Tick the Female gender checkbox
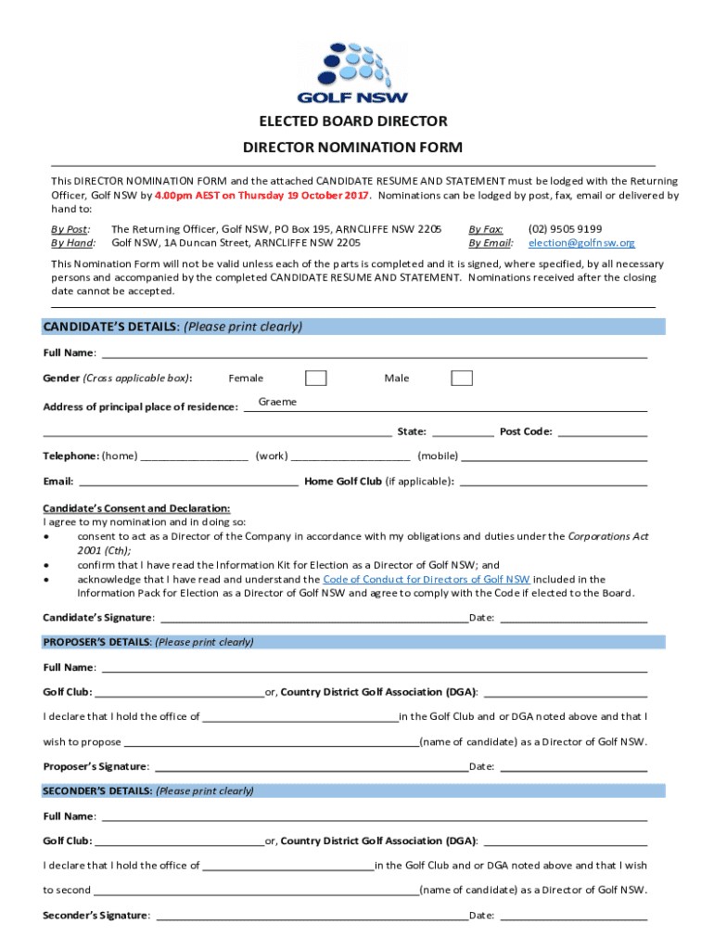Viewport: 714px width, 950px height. pyautogui.click(x=316, y=378)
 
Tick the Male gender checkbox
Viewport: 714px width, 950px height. pyautogui.click(x=462, y=378)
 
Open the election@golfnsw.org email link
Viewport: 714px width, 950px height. pyautogui.click(x=581, y=242)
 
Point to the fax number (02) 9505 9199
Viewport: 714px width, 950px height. pyautogui.click(x=565, y=228)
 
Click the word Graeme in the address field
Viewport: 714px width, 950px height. pyautogui.click(x=277, y=402)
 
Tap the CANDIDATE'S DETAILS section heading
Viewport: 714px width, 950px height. pyautogui.click(x=173, y=327)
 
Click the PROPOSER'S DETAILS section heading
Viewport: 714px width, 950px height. pyautogui.click(x=148, y=642)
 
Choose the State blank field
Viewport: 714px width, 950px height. pyautogui.click(x=463, y=430)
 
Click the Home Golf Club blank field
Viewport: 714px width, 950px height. pyautogui.click(x=553, y=481)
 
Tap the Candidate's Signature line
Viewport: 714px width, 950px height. pyautogui.click(x=313, y=617)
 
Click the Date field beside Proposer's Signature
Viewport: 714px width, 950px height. pyautogui.click(x=572, y=766)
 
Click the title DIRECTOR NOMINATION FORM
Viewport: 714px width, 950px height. pyautogui.click(x=352, y=148)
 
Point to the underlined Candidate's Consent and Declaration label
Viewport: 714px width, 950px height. pyautogui.click(x=136, y=508)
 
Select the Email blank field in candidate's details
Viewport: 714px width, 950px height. pyautogui.click(x=189, y=481)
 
